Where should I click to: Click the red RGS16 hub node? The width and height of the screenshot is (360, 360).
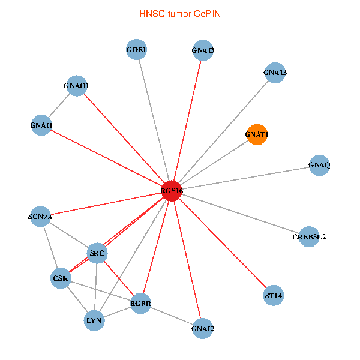172,190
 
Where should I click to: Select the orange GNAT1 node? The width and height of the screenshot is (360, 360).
257,135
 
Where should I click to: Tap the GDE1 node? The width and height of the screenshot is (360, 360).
137,50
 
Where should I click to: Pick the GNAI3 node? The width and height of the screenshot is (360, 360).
203,50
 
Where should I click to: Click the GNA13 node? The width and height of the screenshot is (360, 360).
275,73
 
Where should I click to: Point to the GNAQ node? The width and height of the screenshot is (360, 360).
319,164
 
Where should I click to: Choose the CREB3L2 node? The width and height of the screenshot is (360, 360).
309,236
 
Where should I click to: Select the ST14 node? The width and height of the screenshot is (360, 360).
274,296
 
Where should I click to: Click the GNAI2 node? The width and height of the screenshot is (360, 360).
203,329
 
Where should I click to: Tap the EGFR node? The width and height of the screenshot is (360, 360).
140,304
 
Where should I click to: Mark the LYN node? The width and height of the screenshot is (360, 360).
94,321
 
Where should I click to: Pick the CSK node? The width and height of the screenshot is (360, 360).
61,278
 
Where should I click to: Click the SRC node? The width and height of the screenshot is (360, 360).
97,253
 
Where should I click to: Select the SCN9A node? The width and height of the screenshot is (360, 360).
41,216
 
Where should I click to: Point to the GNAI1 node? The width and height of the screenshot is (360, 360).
41,125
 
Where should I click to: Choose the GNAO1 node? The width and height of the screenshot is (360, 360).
77,86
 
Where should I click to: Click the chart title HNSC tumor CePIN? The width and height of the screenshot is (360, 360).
179,13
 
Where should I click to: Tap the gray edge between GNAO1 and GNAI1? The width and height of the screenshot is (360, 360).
59,106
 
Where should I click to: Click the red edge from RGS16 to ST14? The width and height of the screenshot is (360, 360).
223,243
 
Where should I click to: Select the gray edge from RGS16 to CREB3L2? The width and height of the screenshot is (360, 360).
240,213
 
